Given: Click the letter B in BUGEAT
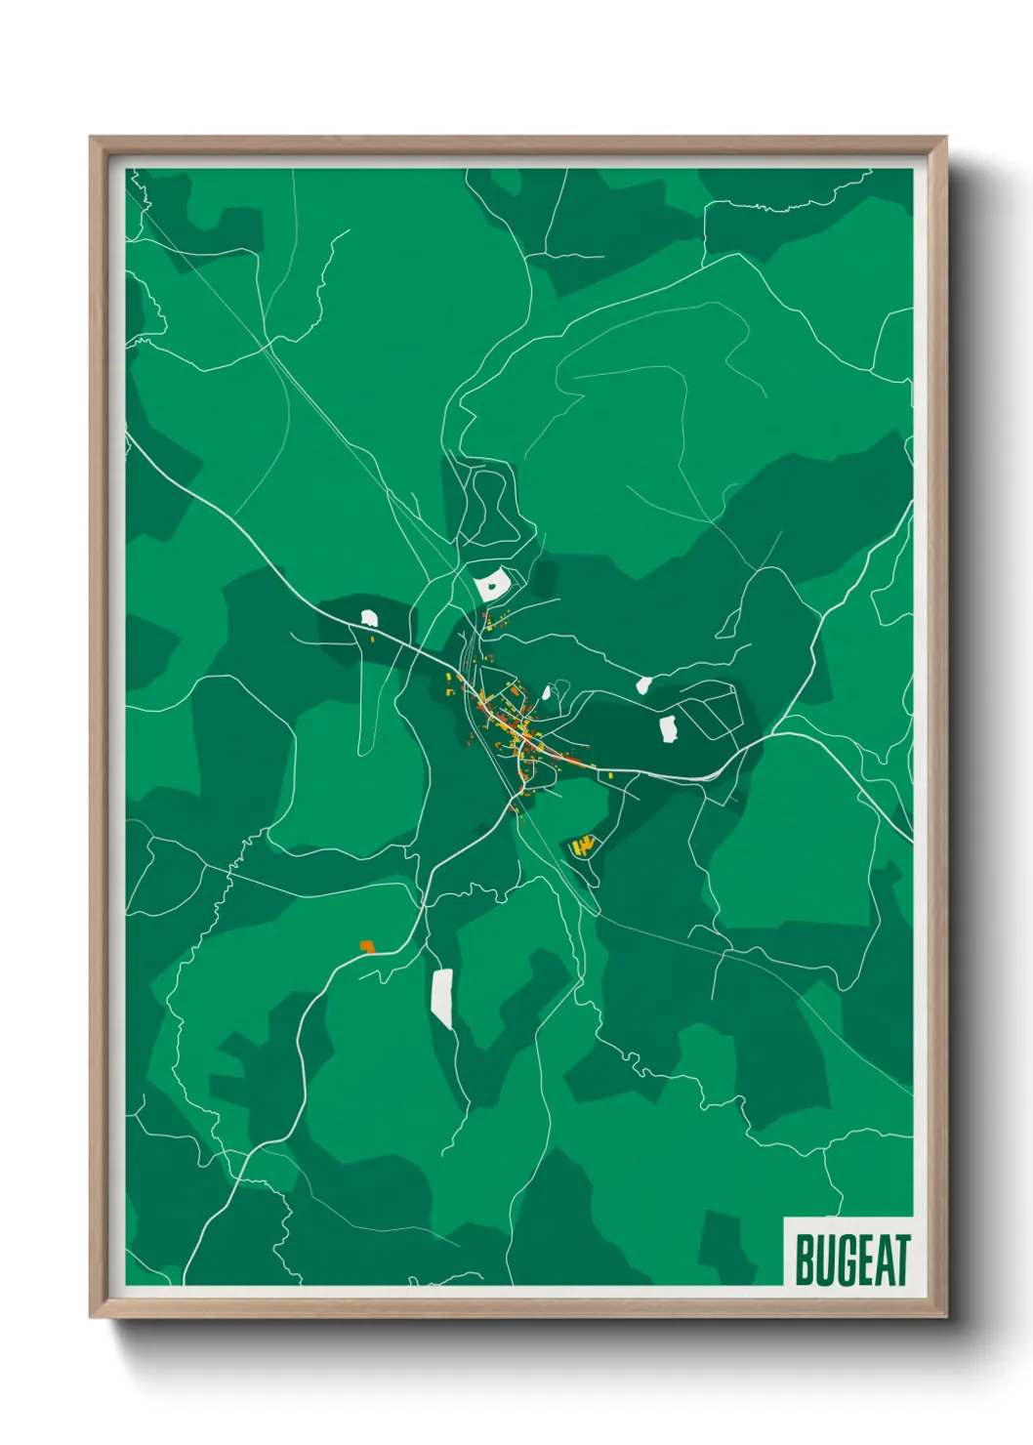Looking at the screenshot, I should point(805,1260).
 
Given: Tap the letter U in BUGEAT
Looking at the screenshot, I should point(825,1260).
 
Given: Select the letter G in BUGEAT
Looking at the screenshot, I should point(846,1260).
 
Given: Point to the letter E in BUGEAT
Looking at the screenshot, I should point(864,1260).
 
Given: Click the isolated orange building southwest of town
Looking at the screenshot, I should point(367,946).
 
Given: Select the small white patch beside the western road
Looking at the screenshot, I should point(368,617).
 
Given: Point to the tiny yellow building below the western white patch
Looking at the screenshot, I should point(372,639).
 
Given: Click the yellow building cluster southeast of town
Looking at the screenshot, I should point(584,846).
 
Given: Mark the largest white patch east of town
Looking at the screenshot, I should point(669,728).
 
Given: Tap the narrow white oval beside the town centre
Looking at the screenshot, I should point(546,693).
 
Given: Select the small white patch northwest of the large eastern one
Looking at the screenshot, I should point(643,684).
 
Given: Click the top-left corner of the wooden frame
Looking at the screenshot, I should point(91,138).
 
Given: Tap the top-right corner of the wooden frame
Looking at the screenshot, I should point(945,138).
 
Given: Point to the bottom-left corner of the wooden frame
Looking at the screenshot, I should point(91,1317).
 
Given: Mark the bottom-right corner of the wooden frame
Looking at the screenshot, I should point(945,1317).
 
